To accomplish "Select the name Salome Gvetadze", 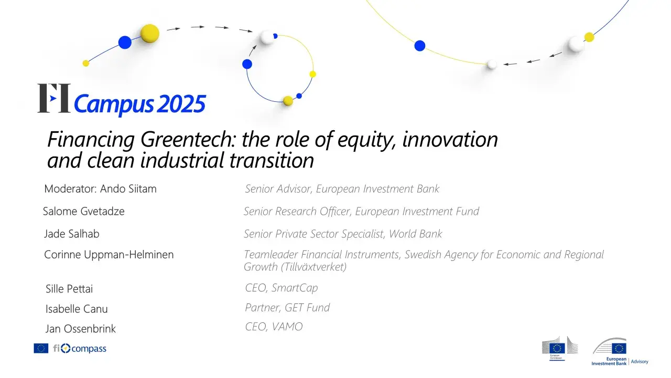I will click(x=84, y=212).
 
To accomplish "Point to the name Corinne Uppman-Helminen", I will click(x=109, y=255).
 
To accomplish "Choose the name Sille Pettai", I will click(x=69, y=289).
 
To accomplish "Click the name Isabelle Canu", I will click(x=77, y=309).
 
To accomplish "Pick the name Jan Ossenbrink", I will click(x=81, y=329).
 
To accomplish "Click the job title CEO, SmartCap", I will click(x=281, y=288).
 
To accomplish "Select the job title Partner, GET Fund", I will click(x=287, y=308).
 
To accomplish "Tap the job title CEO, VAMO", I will click(x=274, y=327).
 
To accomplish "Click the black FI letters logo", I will click(x=53, y=98).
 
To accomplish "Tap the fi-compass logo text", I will click(x=80, y=348).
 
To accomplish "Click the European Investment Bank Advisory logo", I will click(x=619, y=352).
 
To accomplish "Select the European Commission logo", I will click(x=559, y=348).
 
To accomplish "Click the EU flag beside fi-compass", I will click(x=41, y=348).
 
